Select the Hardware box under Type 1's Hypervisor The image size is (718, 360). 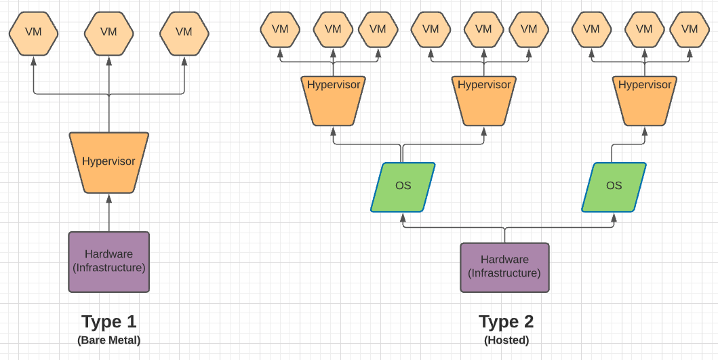click(x=108, y=262)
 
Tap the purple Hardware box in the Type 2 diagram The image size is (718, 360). click(x=504, y=267)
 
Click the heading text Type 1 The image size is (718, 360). click(x=108, y=321)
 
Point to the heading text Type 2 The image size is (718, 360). click(x=506, y=321)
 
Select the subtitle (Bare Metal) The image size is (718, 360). click(x=108, y=340)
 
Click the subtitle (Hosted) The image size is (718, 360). click(x=506, y=340)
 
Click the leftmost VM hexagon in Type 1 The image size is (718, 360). click(x=33, y=32)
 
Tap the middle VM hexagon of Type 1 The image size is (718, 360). click(x=108, y=32)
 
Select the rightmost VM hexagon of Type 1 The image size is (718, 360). click(x=184, y=32)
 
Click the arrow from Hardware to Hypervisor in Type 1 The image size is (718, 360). click(x=108, y=213)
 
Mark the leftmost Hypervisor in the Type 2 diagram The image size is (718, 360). click(x=333, y=100)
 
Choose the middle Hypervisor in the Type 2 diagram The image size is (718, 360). click(x=483, y=100)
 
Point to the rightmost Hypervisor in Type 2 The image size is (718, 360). click(x=644, y=100)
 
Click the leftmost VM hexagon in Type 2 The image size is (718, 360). click(x=280, y=29)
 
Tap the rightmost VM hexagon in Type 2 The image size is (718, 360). click(x=690, y=29)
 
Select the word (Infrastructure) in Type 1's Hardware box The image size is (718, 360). click(x=108, y=268)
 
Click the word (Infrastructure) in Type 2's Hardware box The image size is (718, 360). click(x=504, y=273)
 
